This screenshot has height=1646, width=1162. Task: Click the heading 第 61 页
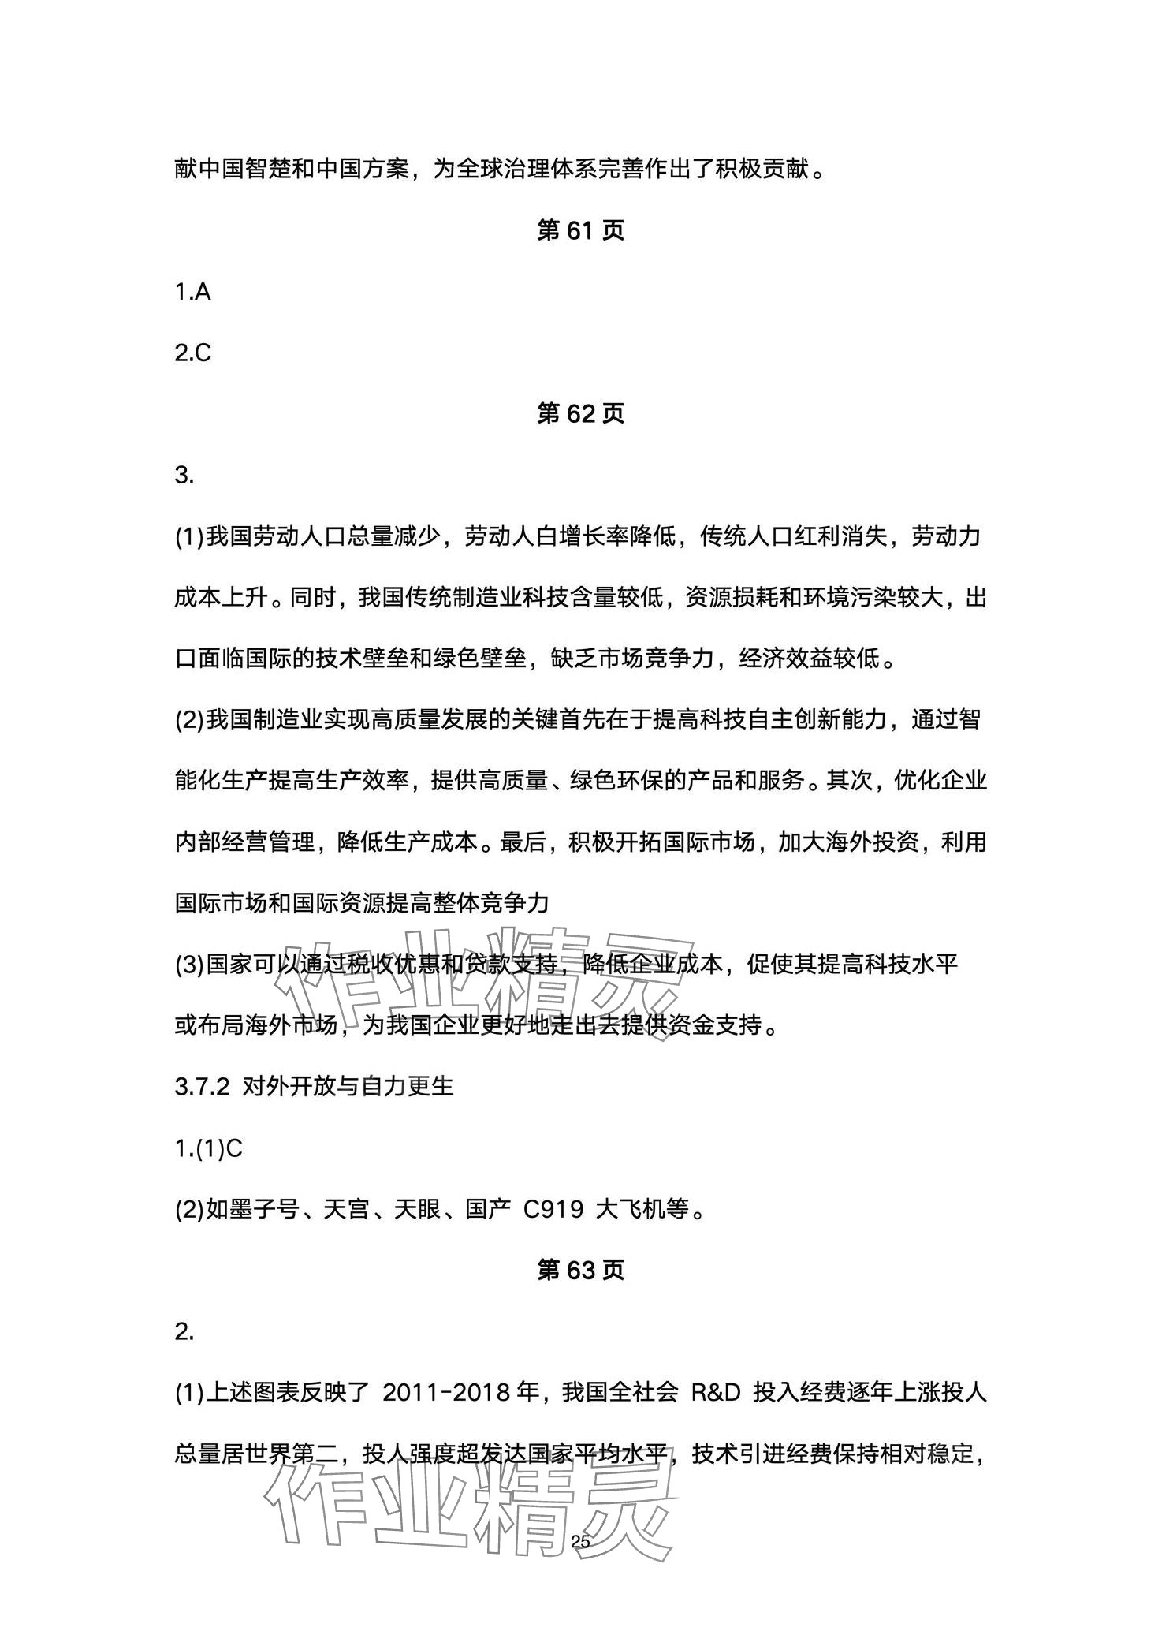(580, 230)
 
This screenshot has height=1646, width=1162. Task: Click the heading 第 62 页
(580, 413)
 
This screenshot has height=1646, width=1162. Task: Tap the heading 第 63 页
(580, 1270)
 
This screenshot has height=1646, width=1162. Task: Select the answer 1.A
(193, 292)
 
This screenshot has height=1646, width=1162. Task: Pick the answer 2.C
(193, 353)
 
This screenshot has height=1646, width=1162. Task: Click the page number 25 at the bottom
(580, 1541)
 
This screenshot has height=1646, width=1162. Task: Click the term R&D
(716, 1392)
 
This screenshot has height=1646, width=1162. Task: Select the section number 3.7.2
(202, 1087)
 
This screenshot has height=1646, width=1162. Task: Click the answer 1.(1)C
(209, 1148)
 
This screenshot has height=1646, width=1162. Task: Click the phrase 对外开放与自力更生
(348, 1087)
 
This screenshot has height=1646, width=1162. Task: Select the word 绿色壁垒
(480, 659)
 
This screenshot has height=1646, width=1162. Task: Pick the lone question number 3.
(184, 475)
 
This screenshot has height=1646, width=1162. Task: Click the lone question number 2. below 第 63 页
(184, 1331)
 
